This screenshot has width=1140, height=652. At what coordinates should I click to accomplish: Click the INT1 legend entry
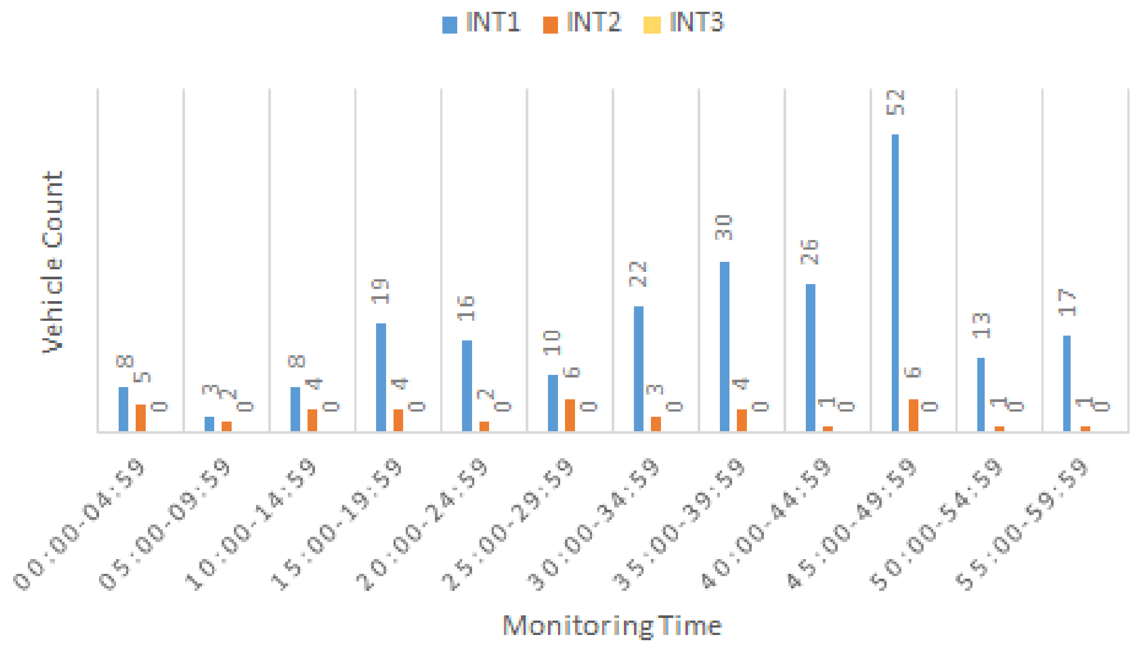tap(482, 22)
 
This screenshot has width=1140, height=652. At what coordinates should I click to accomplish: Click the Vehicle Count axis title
tap(53, 262)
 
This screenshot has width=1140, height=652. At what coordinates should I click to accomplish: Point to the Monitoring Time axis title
tap(612, 625)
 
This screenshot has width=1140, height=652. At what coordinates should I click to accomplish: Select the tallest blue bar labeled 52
tap(895, 282)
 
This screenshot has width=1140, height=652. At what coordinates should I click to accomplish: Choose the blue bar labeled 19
tap(381, 377)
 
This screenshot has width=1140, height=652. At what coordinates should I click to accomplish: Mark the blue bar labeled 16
tap(467, 385)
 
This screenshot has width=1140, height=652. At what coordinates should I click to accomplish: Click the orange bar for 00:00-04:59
tap(140, 418)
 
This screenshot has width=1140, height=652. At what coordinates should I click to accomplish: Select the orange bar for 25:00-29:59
tap(570, 415)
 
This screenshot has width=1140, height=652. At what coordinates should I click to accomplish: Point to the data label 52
tap(896, 103)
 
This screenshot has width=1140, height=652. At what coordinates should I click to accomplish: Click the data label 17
tap(1067, 303)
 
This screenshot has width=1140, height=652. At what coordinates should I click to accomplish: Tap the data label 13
tap(982, 326)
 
